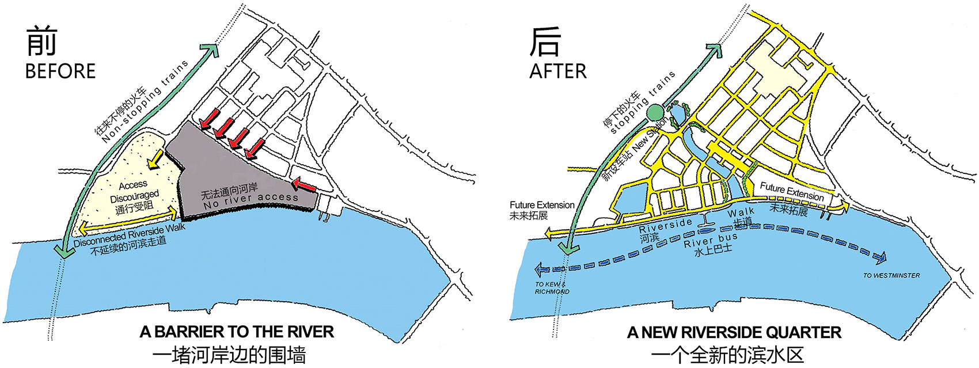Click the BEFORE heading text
click(x=60, y=71)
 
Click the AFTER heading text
click(x=557, y=71)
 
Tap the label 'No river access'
click(x=251, y=198)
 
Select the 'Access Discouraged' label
click(x=134, y=191)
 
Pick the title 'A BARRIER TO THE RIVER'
click(x=237, y=332)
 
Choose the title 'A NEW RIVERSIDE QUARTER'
click(x=734, y=332)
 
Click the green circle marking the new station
click(x=655, y=113)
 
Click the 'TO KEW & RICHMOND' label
click(x=551, y=288)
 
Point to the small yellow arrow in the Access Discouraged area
click(x=154, y=160)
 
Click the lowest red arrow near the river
click(x=304, y=185)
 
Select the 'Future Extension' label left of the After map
click(x=541, y=205)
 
